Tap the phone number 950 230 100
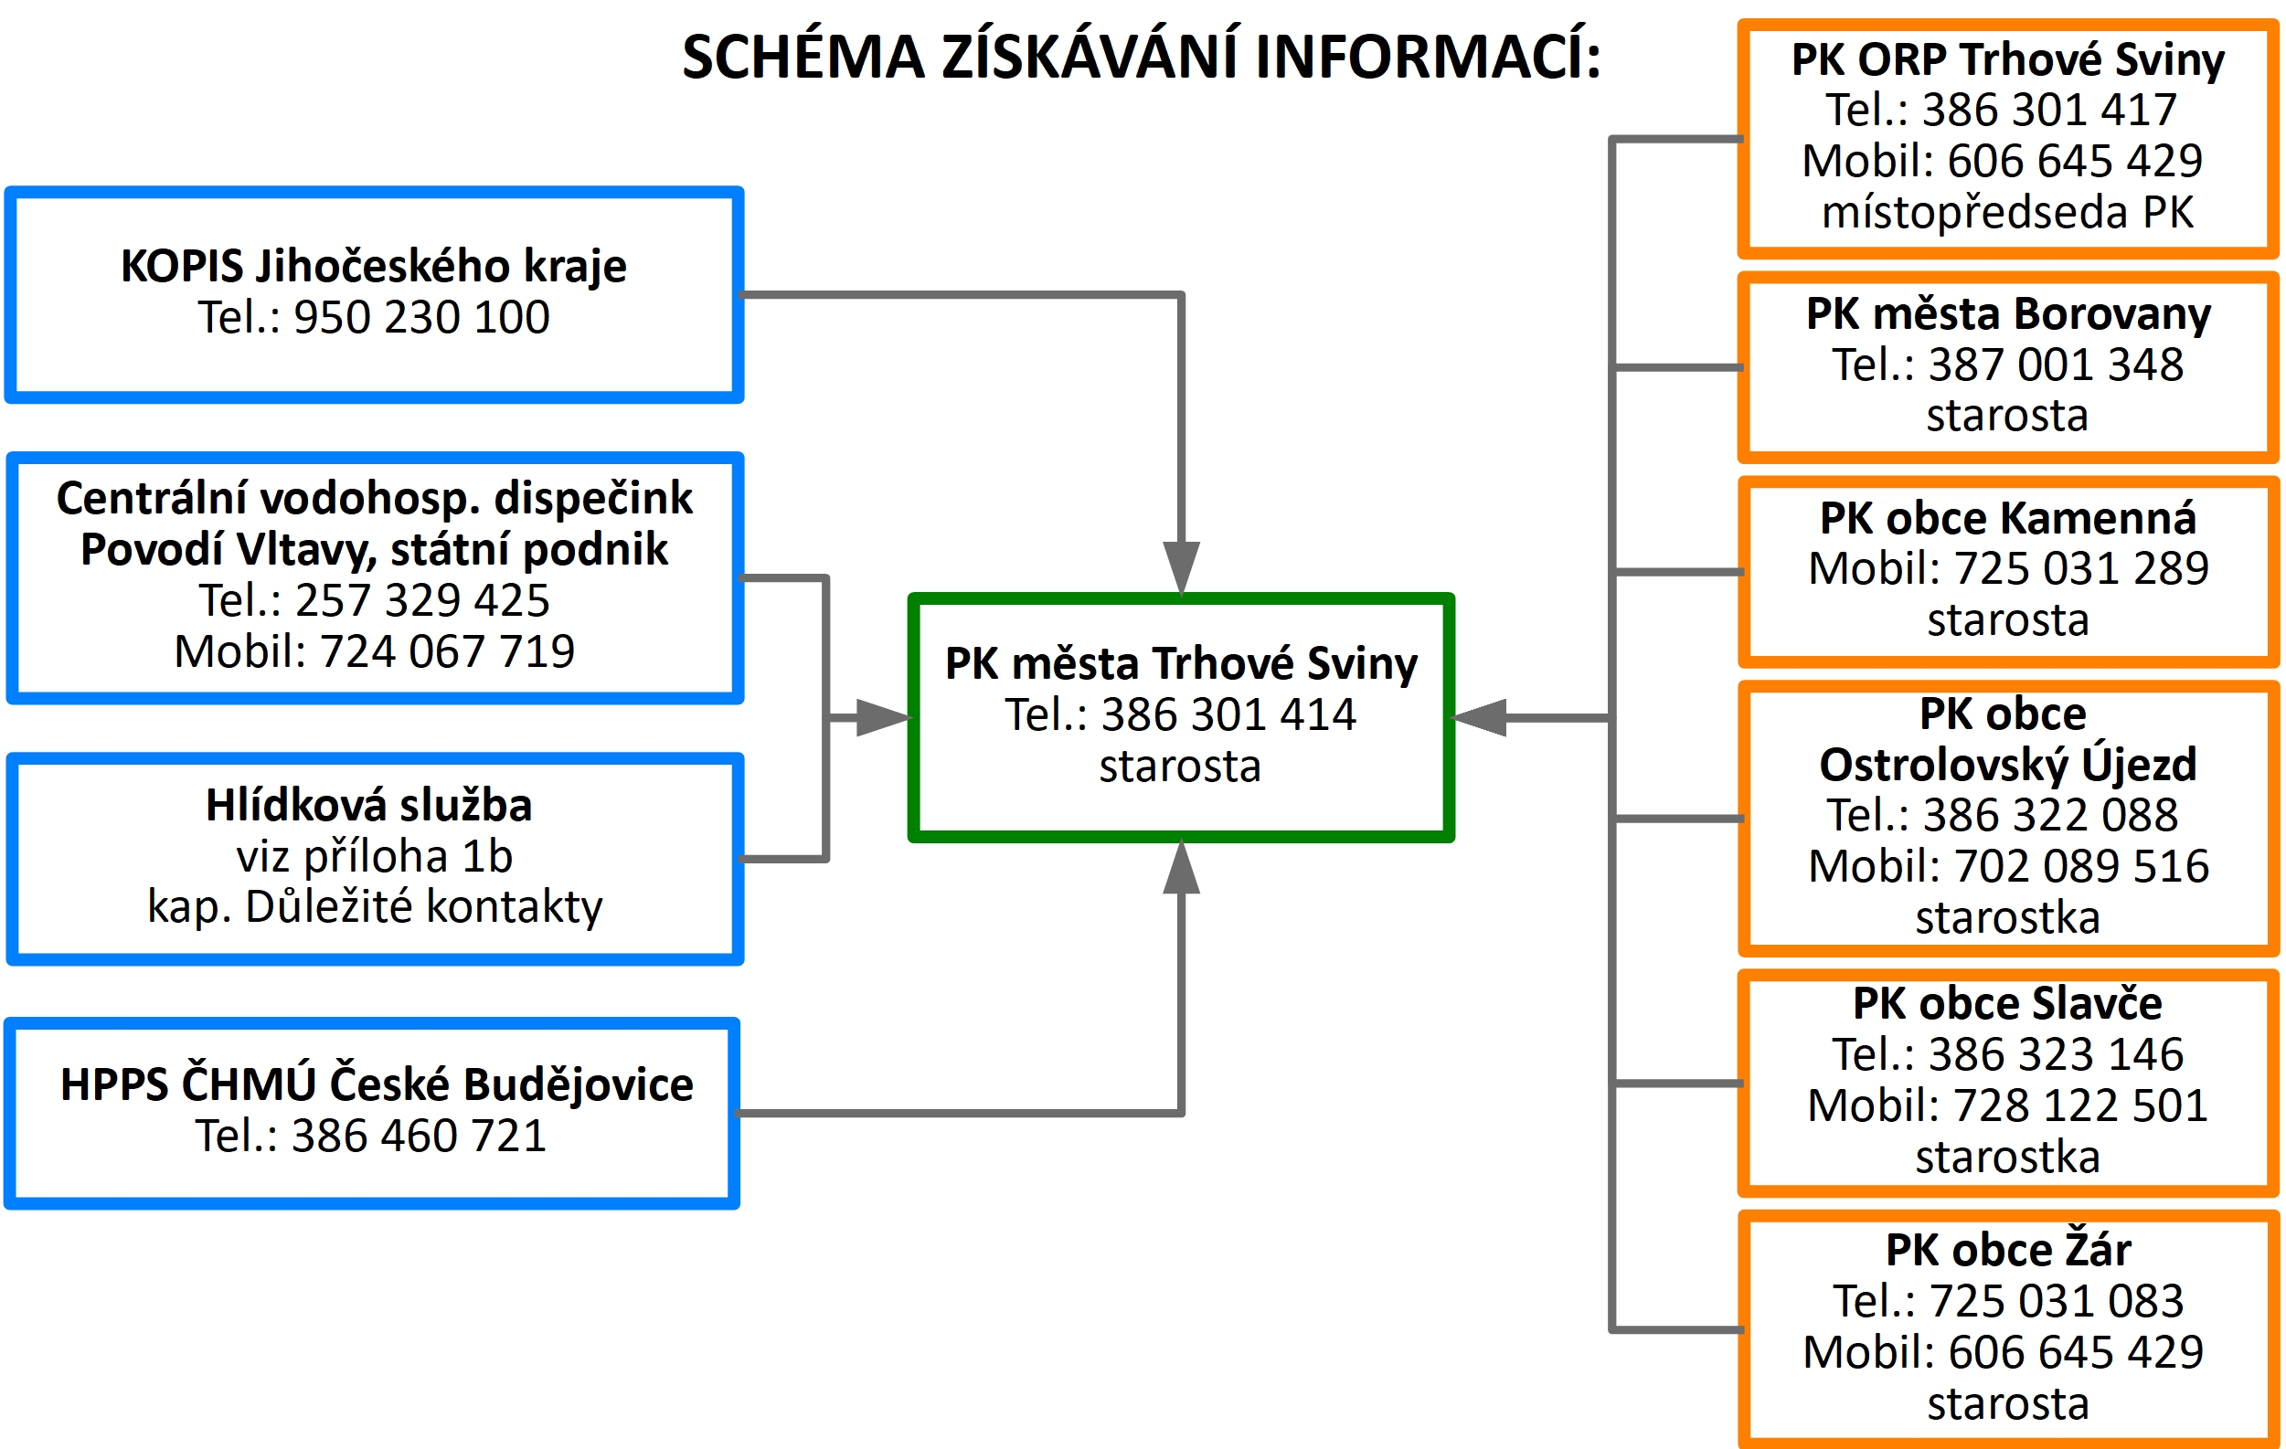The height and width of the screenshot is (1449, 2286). pos(421,318)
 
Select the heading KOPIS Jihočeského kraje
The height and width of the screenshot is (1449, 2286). pos(373,267)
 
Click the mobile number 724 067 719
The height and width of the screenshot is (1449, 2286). pos(446,652)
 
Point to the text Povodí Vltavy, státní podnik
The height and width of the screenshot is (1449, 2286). pos(374,550)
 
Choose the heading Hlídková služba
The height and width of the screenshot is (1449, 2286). pos(368,807)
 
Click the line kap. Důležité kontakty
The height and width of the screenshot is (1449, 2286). pos(374,907)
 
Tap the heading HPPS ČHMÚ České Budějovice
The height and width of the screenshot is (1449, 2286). pos(376,1085)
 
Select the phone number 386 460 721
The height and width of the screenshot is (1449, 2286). pos(419,1137)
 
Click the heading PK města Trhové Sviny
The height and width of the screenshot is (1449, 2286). pos(1181,664)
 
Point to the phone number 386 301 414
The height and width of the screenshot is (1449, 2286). pos(1228,715)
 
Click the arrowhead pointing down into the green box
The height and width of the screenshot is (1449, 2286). pos(1181,566)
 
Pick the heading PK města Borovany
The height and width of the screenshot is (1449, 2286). pos(2008,314)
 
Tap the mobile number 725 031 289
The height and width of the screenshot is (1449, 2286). pos(2081,569)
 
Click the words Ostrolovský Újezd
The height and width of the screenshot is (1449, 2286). pos(2008,765)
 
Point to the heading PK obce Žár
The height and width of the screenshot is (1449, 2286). pos(2008,1251)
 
